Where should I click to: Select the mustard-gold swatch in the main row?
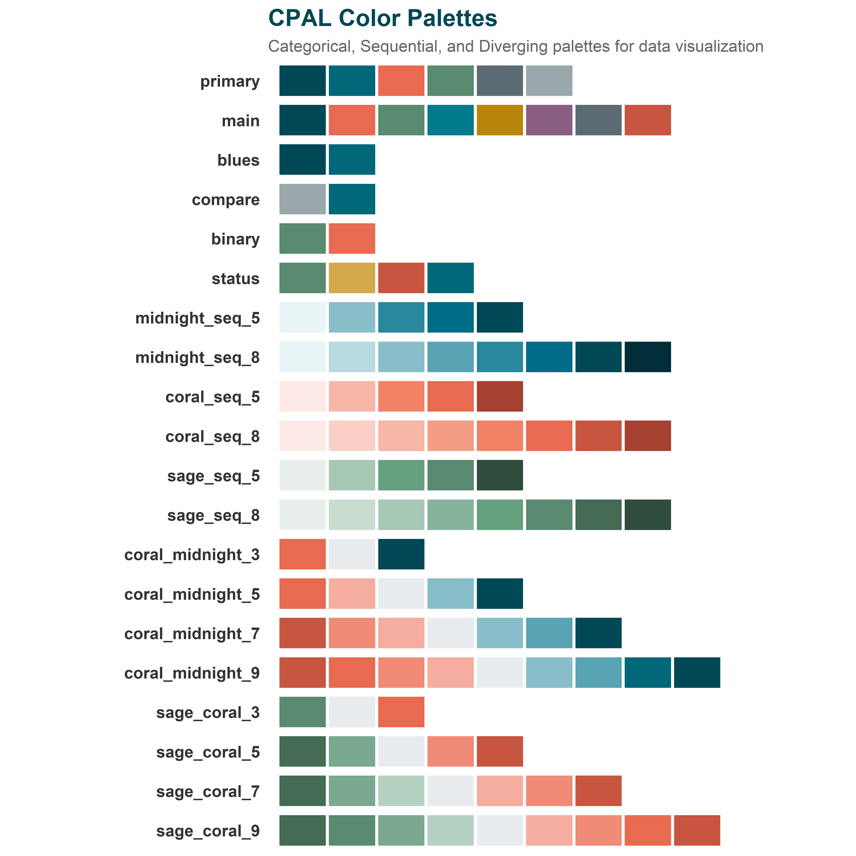click(500, 120)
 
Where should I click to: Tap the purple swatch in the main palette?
click(549, 120)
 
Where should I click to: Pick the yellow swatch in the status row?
click(352, 278)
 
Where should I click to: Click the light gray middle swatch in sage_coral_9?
click(500, 830)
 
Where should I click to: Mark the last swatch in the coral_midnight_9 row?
click(697, 672)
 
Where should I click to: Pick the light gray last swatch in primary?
click(549, 81)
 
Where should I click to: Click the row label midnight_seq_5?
click(198, 318)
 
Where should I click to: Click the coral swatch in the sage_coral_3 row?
click(401, 712)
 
